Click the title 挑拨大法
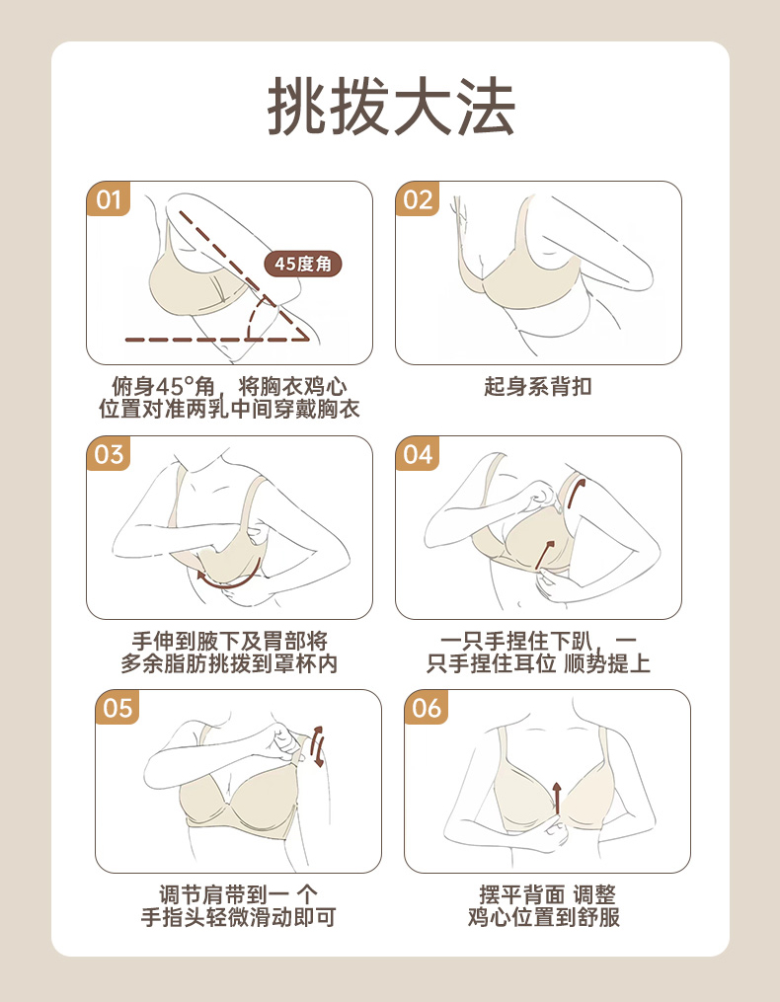[x=391, y=106]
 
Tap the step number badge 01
[x=108, y=198]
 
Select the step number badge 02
[x=418, y=198]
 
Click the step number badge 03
[x=108, y=454]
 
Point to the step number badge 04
[x=418, y=454]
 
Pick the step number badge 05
[x=117, y=708]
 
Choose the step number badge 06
[x=427, y=708]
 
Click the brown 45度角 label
[x=303, y=264]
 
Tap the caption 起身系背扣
[x=538, y=387]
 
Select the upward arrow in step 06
[x=557, y=799]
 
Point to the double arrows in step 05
[x=317, y=746]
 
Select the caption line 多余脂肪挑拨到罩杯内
[x=229, y=664]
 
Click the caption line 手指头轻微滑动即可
[x=239, y=918]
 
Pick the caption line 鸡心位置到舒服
[x=544, y=917]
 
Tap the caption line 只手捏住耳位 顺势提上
[x=538, y=664]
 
